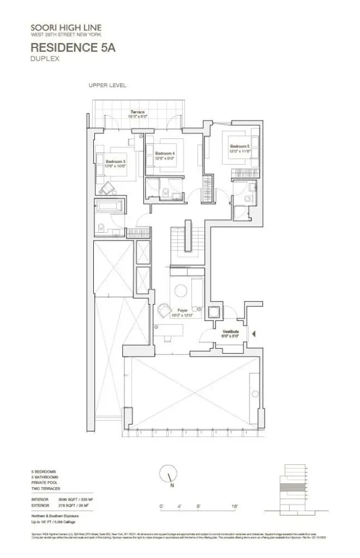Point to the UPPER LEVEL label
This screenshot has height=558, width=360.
click(107, 85)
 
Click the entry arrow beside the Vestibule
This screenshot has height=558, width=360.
click(254, 334)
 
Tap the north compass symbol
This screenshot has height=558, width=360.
click(169, 476)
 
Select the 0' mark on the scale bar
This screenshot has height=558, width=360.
click(162, 506)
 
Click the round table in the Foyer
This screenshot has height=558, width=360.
click(181, 290)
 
